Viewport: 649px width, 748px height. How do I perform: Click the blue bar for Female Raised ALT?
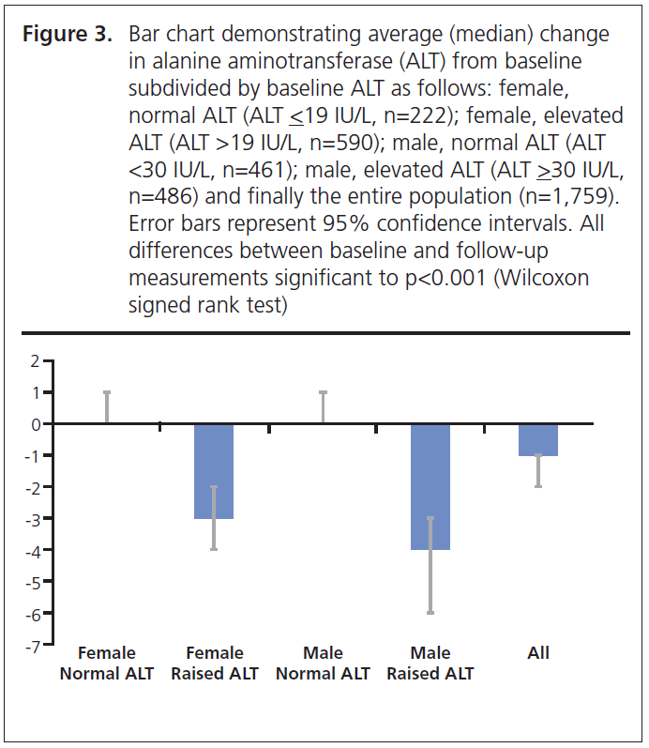pos(214,471)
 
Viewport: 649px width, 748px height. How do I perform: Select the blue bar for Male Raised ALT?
pos(430,486)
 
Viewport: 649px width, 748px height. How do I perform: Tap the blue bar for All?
pos(538,439)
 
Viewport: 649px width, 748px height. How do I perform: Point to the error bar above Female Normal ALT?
pos(107,407)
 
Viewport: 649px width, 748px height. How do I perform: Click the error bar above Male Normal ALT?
pos(324,407)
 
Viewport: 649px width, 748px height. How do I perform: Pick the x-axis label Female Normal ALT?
pos(107,664)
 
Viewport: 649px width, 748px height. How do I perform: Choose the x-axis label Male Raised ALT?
pos(430,664)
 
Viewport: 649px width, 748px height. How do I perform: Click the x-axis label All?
pos(538,653)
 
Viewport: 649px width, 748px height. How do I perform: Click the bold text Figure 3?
pos(68,36)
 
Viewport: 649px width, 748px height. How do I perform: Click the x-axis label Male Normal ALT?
pos(324,664)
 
